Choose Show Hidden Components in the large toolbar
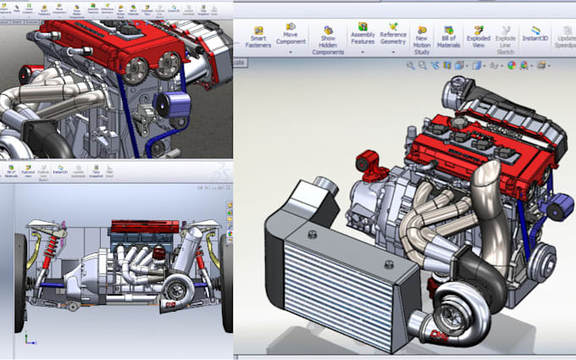327,38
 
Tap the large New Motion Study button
422,38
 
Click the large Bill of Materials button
449,38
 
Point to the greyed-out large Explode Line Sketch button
506,38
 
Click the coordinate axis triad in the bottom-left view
28,340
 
